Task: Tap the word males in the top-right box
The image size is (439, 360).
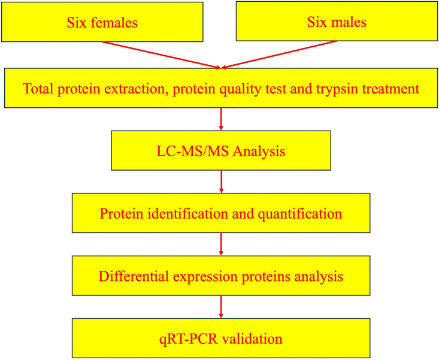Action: click(x=349, y=22)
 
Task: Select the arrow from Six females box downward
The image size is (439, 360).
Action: click(x=162, y=55)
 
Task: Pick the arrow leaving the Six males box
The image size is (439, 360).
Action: click(x=279, y=55)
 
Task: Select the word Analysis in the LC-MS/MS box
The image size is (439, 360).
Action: click(x=259, y=152)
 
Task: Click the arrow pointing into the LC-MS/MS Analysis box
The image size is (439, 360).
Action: click(x=221, y=119)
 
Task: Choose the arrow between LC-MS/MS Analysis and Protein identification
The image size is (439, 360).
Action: click(x=221, y=181)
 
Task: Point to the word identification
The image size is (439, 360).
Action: click(x=187, y=214)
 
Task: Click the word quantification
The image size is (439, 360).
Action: click(x=299, y=214)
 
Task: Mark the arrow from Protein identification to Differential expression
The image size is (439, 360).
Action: click(x=221, y=244)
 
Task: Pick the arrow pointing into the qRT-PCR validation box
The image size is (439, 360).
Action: click(x=221, y=307)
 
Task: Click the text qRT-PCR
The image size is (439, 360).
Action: click(x=189, y=339)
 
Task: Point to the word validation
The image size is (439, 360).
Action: click(x=252, y=338)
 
